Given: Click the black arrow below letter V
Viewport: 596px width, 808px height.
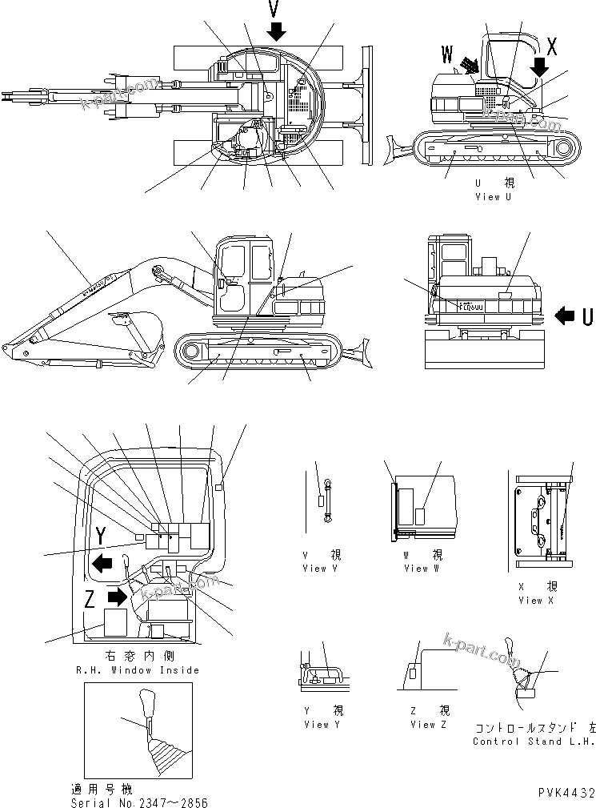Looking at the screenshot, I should click(276, 30).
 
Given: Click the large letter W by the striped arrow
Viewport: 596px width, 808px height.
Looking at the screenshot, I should click(446, 54).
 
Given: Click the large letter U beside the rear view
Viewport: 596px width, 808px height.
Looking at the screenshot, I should click(587, 317).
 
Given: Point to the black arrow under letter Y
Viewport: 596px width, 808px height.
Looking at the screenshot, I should click(102, 562).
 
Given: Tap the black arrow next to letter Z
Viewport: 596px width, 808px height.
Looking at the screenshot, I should click(118, 596).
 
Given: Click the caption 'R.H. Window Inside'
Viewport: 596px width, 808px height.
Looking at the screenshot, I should click(137, 669).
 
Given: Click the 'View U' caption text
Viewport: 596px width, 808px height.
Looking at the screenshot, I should click(493, 197).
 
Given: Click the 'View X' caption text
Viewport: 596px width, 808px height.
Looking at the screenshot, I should click(535, 600).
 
